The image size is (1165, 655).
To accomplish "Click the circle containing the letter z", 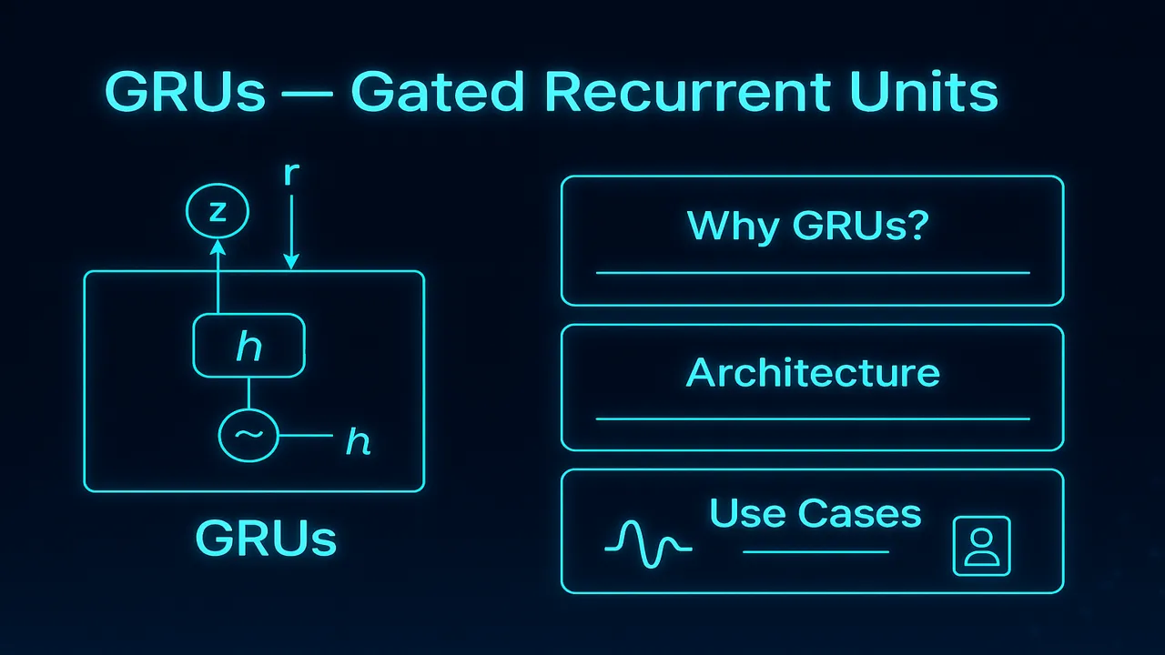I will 217,213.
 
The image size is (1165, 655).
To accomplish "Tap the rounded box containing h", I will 248,345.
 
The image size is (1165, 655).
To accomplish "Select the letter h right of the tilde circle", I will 359,442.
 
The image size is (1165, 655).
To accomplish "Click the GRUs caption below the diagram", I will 266,539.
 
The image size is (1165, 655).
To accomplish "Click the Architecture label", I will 813,373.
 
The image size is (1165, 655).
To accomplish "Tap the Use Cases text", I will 815,514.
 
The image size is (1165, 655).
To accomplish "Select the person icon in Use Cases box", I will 981,547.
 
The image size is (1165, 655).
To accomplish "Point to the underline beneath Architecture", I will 812,418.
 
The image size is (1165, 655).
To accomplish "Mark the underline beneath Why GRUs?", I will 812,272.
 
